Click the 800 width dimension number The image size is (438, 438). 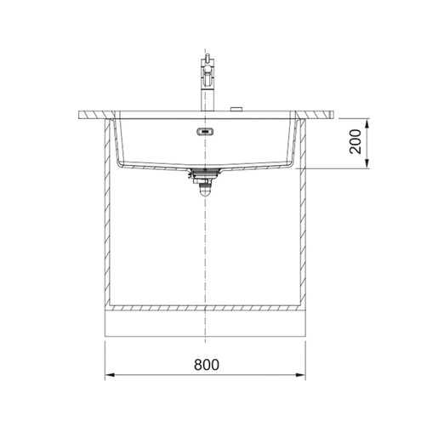click(x=207, y=365)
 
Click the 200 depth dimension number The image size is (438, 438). click(x=356, y=142)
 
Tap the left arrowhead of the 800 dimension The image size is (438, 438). click(x=110, y=375)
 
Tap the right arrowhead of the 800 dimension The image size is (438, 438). click(x=301, y=375)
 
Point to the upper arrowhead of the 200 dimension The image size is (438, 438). click(x=367, y=124)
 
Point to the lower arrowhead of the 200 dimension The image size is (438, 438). click(x=367, y=164)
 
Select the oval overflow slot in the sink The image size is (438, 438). click(x=205, y=131)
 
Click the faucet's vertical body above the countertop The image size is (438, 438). click(x=208, y=100)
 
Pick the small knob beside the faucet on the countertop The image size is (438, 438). click(x=236, y=109)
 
